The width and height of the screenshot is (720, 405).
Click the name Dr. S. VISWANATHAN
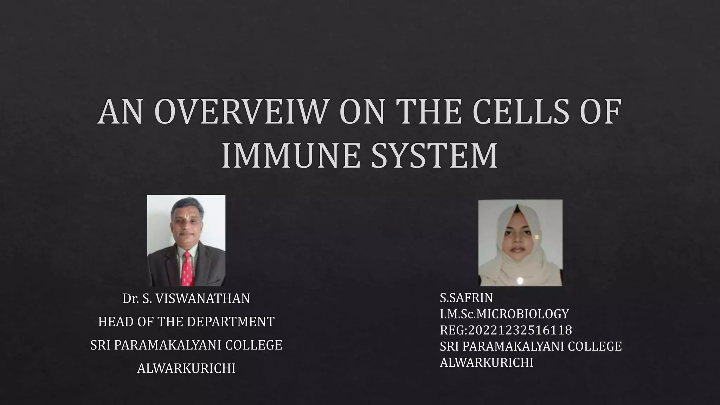[x=186, y=298]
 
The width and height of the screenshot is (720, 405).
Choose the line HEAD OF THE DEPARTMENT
[x=186, y=322]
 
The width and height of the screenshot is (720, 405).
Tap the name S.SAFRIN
[x=466, y=298]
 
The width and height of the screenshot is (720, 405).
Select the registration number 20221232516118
[x=520, y=330]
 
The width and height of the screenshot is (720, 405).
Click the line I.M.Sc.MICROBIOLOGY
[x=504, y=314]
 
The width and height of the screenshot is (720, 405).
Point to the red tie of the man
[x=187, y=269]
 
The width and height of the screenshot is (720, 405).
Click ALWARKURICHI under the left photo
[x=186, y=368]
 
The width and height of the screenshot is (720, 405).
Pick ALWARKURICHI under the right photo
[x=486, y=362]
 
